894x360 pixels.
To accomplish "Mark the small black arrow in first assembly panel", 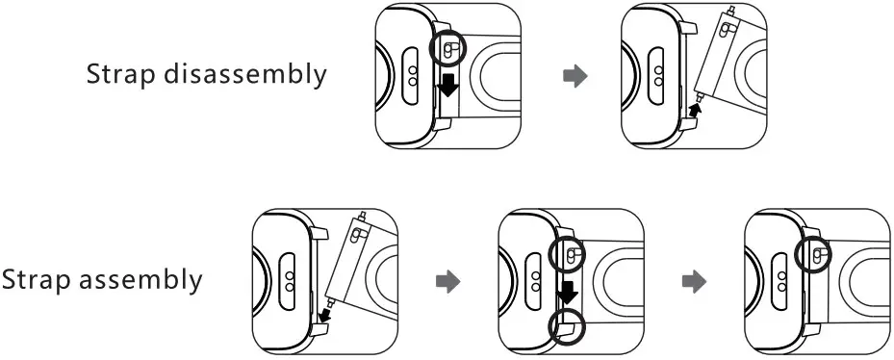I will pos(324,314).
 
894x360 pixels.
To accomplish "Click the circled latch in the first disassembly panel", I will pos(450,50).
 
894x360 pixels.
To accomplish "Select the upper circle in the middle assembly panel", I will pos(570,255).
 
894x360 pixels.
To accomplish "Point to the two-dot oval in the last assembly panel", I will pos(781,282).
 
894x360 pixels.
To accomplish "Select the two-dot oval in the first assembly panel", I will pos(288,281).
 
